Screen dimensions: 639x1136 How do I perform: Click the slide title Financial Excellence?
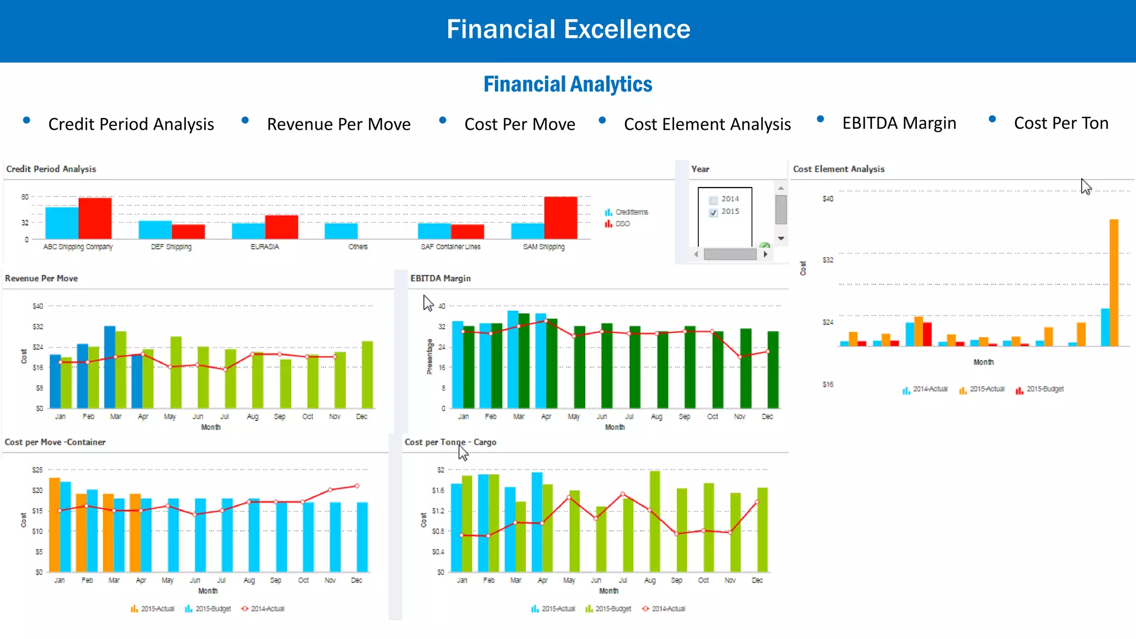(568, 29)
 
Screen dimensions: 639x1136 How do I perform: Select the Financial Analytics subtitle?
(567, 84)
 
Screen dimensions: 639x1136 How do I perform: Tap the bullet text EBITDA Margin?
(899, 123)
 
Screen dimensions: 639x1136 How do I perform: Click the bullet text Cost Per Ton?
(1061, 123)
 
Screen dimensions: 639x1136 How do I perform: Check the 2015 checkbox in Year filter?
(713, 212)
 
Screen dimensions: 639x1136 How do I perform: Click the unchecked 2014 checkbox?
(713, 200)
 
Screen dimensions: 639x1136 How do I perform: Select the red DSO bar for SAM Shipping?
(560, 217)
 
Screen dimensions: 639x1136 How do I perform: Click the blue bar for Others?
(341, 231)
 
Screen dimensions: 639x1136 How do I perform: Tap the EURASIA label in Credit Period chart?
(265, 247)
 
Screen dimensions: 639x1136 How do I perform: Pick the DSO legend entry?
(622, 224)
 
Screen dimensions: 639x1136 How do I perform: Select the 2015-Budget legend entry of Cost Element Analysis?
(1044, 389)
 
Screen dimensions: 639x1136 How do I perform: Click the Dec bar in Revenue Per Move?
(367, 374)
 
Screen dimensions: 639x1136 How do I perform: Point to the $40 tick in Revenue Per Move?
(37, 306)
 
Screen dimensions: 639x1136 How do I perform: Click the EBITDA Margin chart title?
(440, 278)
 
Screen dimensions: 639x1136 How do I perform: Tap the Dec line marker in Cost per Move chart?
(357, 486)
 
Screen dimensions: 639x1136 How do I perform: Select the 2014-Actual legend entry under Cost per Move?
(267, 609)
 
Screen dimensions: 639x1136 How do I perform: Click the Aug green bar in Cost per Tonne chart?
(655, 521)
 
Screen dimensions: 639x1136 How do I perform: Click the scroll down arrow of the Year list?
(780, 239)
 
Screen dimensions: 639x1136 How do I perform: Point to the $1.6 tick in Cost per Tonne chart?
(438, 490)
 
